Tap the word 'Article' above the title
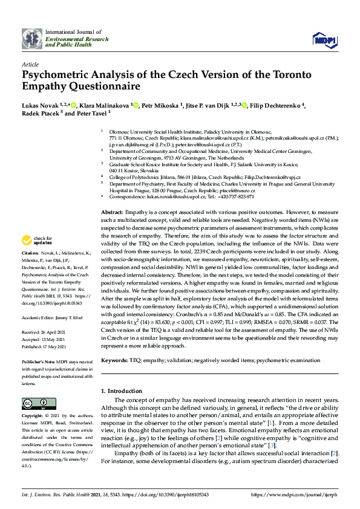point(31,63)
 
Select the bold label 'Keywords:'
point(115,360)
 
